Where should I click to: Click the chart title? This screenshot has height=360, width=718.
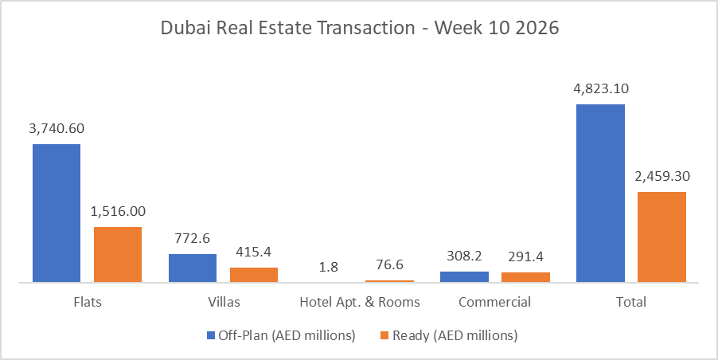(x=359, y=29)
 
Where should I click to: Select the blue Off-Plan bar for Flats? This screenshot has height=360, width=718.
(x=57, y=213)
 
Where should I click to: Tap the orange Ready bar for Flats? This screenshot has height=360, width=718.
(x=118, y=254)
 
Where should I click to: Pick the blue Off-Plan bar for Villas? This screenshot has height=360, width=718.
(x=193, y=268)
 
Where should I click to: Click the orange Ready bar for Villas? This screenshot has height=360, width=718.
(x=254, y=274)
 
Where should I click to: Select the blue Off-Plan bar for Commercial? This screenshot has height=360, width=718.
(x=464, y=276)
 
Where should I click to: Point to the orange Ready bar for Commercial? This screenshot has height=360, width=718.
(x=525, y=277)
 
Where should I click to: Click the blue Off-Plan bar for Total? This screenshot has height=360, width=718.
(x=600, y=193)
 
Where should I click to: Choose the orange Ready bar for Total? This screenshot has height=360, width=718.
(x=661, y=237)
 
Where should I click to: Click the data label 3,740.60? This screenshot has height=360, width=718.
(x=57, y=128)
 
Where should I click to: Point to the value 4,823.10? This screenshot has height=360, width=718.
(x=600, y=88)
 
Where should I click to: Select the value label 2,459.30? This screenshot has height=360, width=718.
(x=661, y=176)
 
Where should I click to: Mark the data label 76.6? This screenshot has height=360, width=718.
(x=389, y=264)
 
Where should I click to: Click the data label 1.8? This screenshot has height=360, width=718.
(x=329, y=266)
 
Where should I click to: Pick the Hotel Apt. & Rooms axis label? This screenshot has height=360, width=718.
(x=359, y=303)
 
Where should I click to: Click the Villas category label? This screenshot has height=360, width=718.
(x=223, y=303)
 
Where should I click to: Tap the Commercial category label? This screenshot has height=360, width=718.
(x=495, y=303)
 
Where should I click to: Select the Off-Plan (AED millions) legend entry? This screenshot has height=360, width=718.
(x=280, y=335)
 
